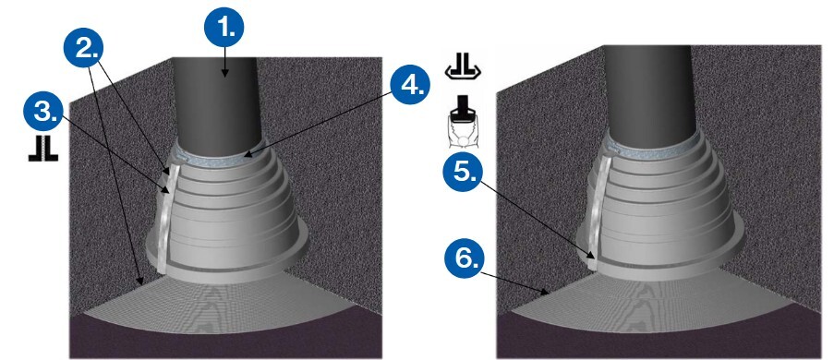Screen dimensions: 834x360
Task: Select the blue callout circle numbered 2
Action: pyautogui.click(x=83, y=48)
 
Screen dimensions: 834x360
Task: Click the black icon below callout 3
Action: pyautogui.click(x=43, y=150)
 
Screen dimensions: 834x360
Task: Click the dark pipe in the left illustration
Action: pyautogui.click(x=218, y=101)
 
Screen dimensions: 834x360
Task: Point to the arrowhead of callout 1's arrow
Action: pyautogui.click(x=224, y=75)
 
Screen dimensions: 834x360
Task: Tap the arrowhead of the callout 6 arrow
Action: pyautogui.click(x=547, y=292)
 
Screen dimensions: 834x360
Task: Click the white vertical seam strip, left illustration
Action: pyautogui.click(x=165, y=218)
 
